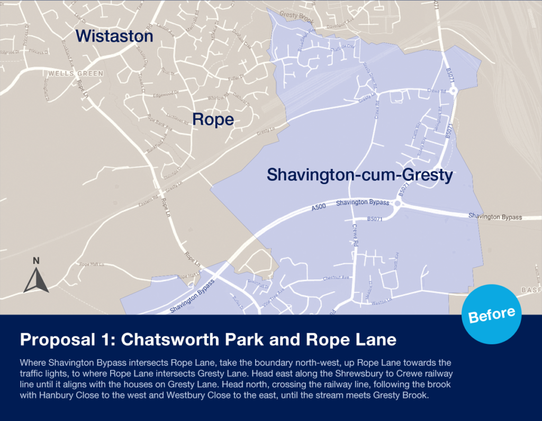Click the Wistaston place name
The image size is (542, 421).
114,36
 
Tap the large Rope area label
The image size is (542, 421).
213,120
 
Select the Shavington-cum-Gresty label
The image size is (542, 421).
360,175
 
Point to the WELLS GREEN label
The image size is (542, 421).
76,74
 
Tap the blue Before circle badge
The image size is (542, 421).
492,314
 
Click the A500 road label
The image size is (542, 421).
319,208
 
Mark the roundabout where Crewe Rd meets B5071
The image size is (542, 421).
454,90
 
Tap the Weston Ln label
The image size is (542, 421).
381,303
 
